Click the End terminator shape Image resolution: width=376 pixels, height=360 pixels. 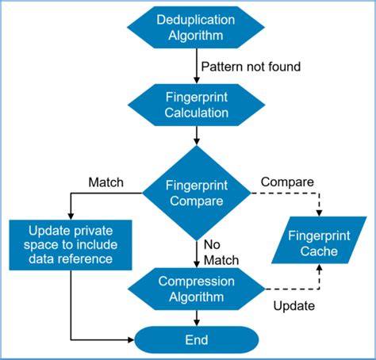click(195, 340)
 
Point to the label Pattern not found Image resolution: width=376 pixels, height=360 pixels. click(251, 67)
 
